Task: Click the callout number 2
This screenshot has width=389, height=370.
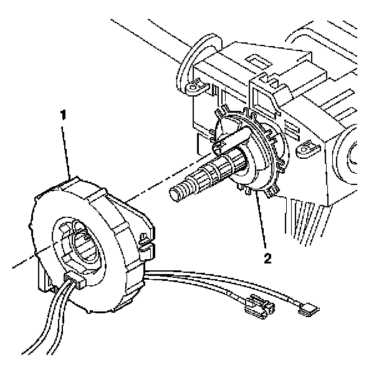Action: [x=267, y=257]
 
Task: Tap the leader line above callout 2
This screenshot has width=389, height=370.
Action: [x=262, y=224]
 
